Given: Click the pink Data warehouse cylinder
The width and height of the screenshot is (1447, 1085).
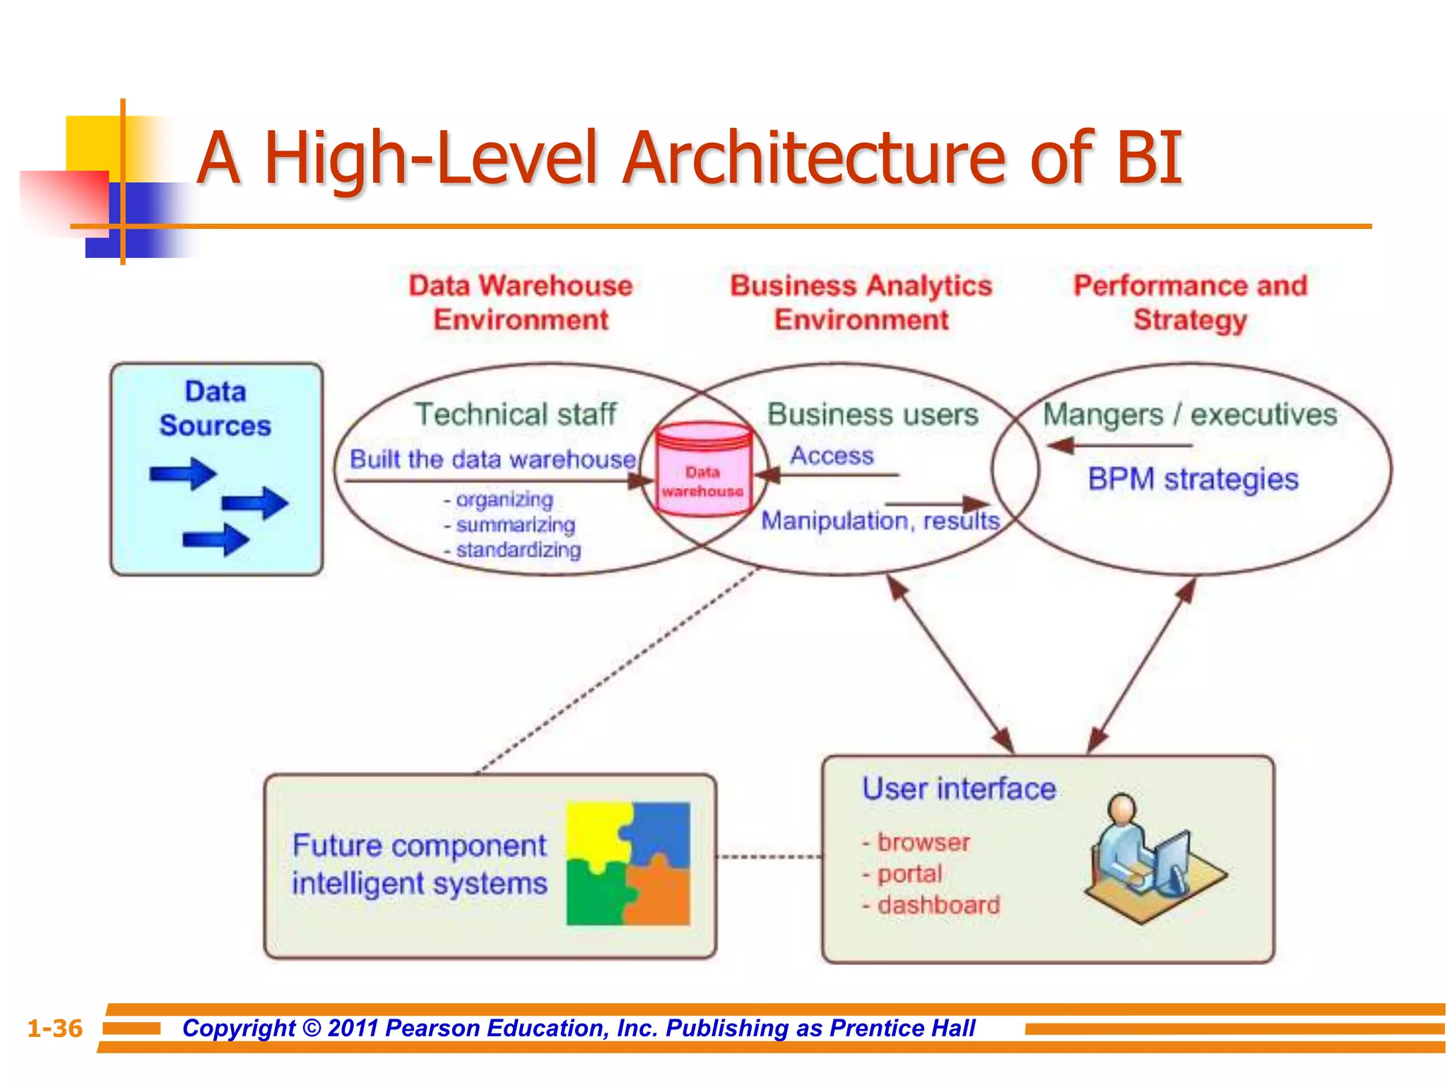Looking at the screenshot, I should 702,470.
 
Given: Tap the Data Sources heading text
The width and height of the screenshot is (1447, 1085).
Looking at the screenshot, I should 215,408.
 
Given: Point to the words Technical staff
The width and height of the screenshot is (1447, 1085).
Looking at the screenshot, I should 516,414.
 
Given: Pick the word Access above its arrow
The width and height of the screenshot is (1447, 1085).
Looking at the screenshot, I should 832,456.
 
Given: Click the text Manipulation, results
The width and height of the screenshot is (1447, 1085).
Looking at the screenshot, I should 880,521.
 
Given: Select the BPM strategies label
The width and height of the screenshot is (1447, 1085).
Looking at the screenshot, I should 1193,479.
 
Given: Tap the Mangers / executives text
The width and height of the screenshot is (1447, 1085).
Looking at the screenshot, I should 1190,415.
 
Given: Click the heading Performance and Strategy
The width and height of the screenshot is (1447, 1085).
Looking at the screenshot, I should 1191,302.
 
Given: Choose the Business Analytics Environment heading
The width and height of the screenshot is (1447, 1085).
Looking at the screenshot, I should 861,302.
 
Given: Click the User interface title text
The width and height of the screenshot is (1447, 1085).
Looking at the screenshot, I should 959,788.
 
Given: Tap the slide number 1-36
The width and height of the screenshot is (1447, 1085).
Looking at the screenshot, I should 55,1028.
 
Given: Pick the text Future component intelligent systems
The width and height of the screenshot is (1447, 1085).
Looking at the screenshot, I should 420,865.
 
